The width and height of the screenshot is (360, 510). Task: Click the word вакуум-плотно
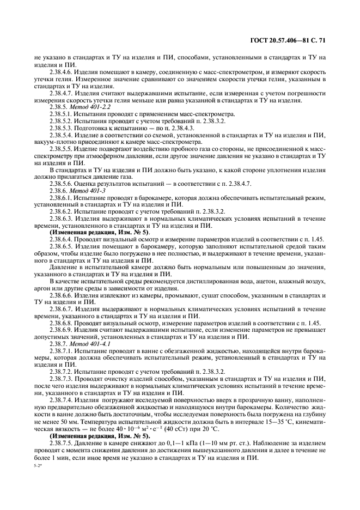tap(54, 140)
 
